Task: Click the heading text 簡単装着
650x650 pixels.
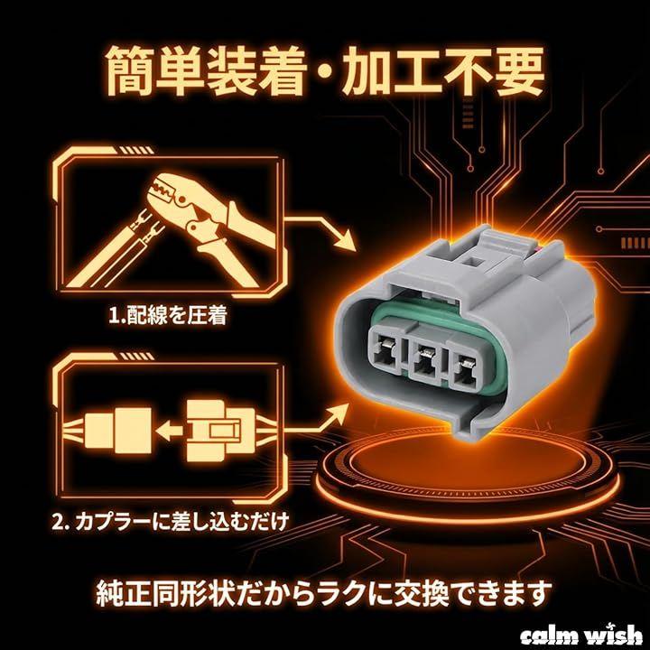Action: (x=206, y=71)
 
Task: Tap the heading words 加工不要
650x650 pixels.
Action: (x=442, y=71)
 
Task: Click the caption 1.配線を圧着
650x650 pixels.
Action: (x=168, y=316)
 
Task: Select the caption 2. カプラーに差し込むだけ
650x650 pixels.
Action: (x=170, y=522)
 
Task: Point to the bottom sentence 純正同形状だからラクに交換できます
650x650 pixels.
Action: (x=324, y=593)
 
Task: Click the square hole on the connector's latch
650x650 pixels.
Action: (x=472, y=262)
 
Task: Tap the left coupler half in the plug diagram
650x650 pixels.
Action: (x=118, y=431)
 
